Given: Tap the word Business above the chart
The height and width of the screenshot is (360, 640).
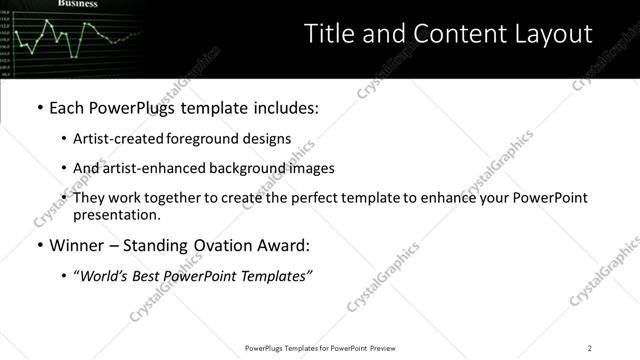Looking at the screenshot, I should (x=77, y=4).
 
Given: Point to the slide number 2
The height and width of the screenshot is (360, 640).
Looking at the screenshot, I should (x=590, y=348).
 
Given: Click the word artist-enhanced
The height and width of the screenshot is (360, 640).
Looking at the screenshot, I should (x=153, y=168).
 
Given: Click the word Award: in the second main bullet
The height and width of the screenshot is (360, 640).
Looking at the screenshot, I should (x=283, y=245).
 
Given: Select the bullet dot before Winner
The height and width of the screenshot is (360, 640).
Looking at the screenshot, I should (x=39, y=246).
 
